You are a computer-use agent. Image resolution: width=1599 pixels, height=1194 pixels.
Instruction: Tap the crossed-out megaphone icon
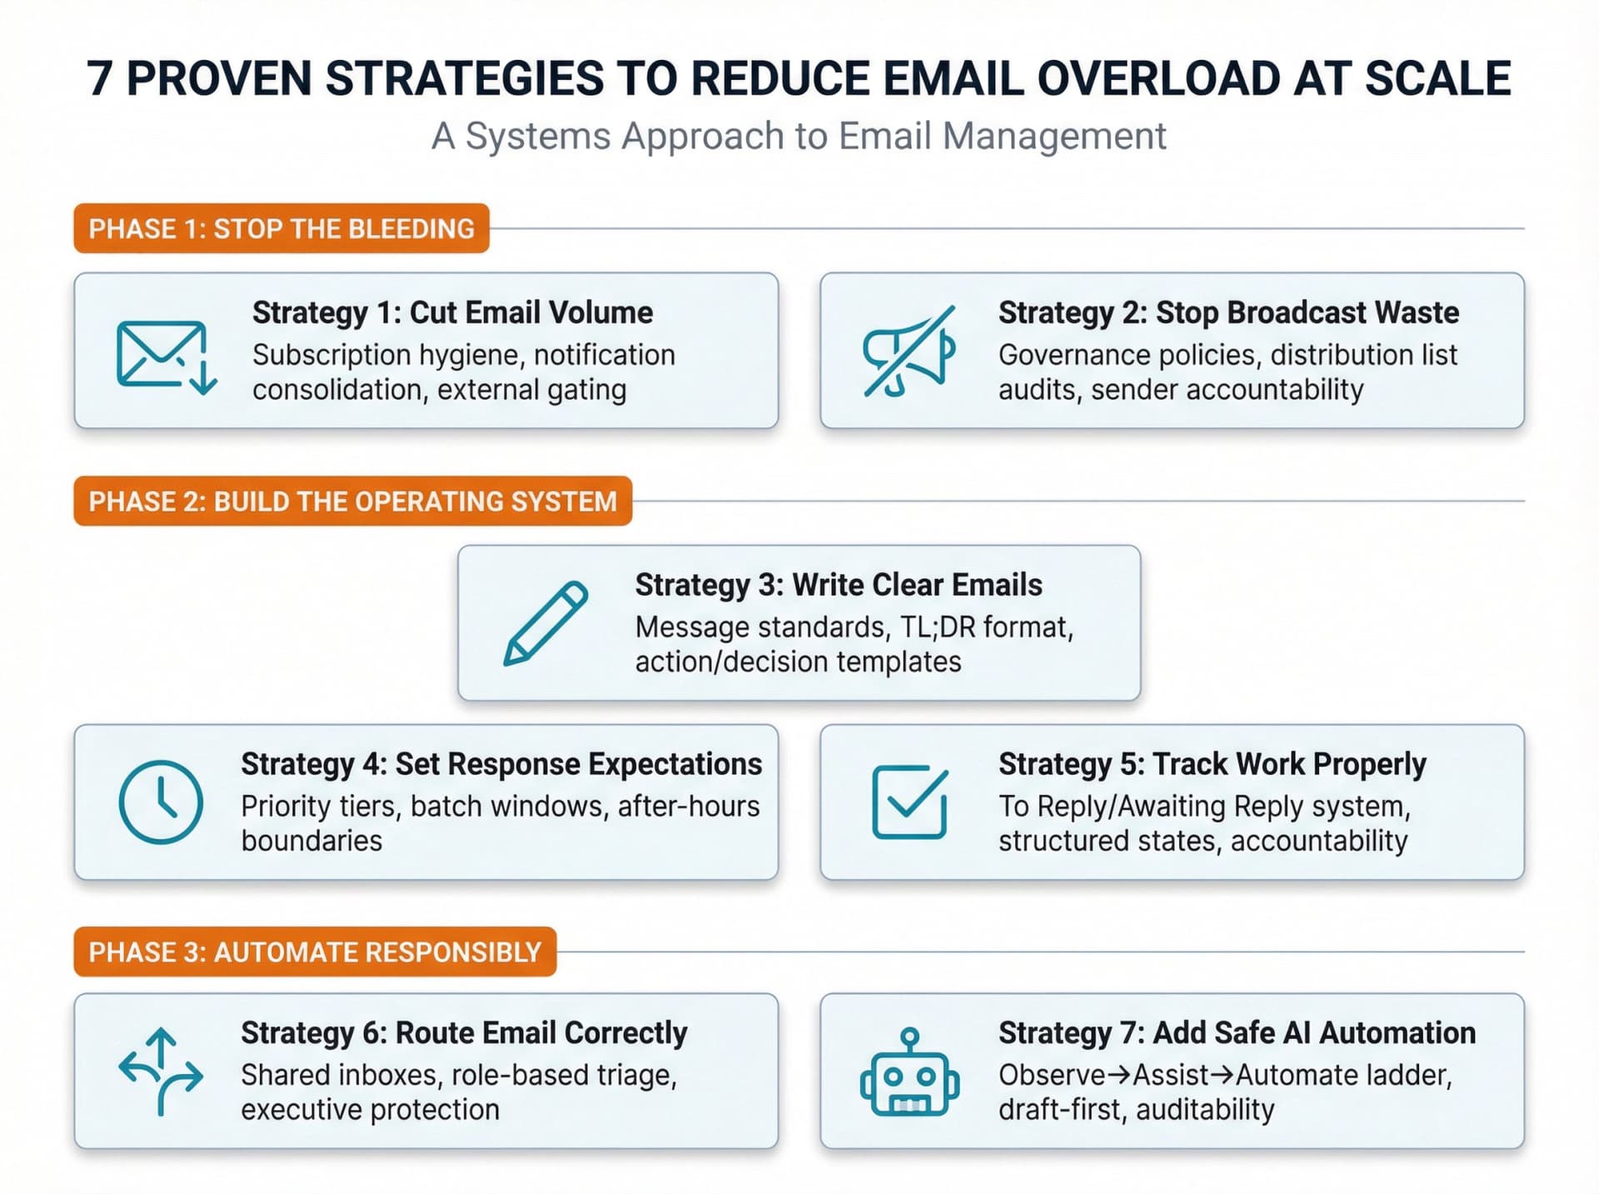click(x=909, y=352)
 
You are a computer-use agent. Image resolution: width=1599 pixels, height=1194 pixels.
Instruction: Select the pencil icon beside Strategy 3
click(x=545, y=623)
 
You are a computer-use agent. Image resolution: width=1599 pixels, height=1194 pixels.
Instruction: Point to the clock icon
click(x=161, y=802)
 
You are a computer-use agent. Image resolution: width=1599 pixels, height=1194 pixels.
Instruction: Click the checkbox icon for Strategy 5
click(x=909, y=802)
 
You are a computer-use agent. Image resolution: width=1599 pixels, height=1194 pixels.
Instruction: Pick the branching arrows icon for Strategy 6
click(x=161, y=1072)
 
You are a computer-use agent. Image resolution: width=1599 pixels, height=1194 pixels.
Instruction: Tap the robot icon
click(x=909, y=1072)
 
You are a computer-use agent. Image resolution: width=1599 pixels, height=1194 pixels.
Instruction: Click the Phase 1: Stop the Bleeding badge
click(x=281, y=228)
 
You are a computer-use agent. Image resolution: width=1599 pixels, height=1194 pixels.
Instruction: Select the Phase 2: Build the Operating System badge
click(x=352, y=502)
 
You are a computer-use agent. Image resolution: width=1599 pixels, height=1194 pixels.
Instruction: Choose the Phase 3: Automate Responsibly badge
click(x=315, y=952)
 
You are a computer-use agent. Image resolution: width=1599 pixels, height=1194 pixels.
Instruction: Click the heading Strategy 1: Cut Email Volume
click(x=452, y=312)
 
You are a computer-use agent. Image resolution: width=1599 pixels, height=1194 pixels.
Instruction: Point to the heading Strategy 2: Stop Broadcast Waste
click(x=1228, y=312)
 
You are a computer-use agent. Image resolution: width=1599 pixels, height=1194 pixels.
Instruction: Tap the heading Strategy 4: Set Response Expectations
click(x=501, y=764)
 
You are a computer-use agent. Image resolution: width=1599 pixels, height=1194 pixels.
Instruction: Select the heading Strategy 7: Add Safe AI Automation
click(x=1237, y=1033)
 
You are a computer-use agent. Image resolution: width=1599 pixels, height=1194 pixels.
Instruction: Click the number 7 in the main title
click(x=99, y=79)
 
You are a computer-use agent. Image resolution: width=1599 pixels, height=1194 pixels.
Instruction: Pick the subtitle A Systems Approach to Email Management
click(x=799, y=136)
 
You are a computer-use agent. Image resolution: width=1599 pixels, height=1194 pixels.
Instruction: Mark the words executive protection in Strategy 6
click(x=370, y=1110)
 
